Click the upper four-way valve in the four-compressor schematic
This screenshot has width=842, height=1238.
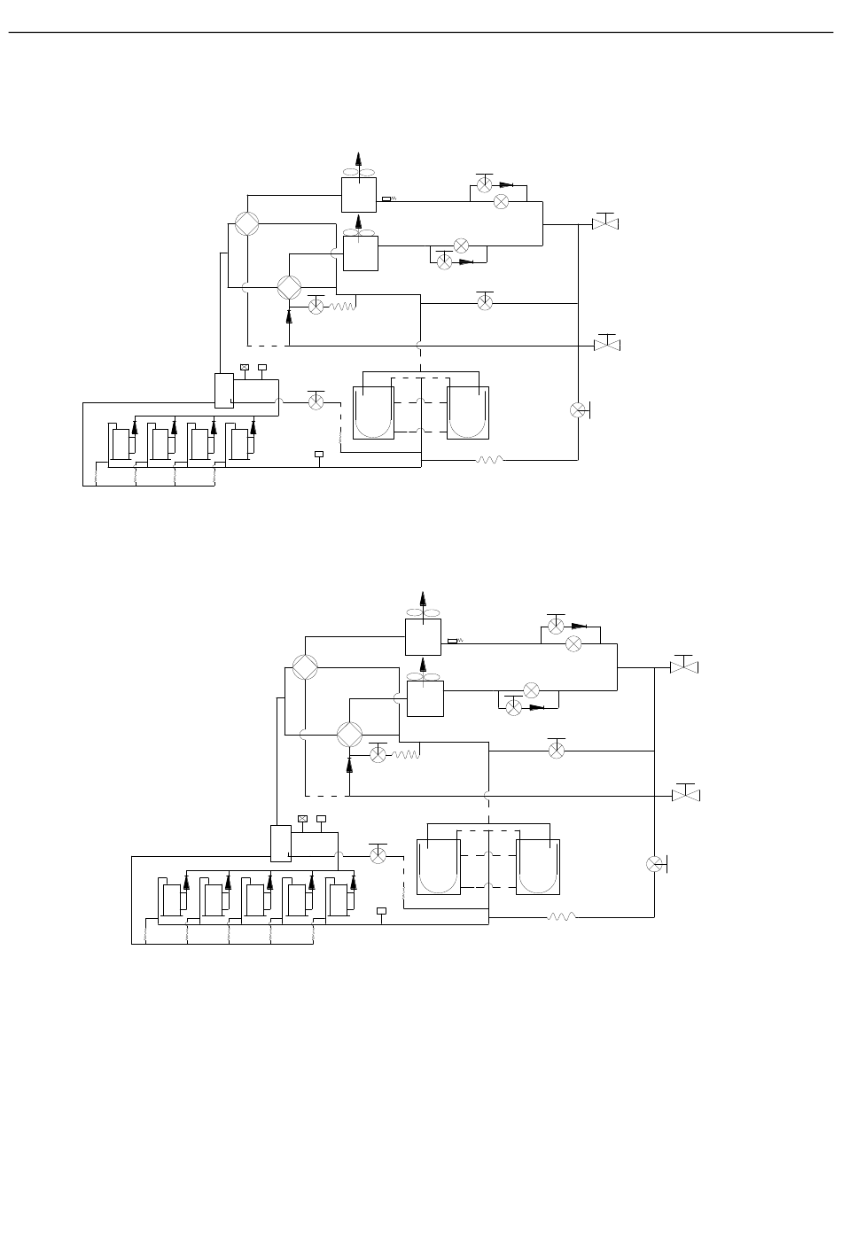tap(248, 223)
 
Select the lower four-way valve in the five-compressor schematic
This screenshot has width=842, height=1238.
tap(349, 735)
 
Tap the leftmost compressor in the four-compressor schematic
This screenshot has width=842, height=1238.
tap(120, 443)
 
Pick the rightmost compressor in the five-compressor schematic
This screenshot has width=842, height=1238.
tap(338, 899)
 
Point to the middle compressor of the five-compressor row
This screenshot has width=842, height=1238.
tap(255, 899)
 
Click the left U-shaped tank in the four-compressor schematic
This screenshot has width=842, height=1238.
tap(373, 412)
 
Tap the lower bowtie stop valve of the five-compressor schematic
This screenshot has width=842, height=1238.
tap(685, 794)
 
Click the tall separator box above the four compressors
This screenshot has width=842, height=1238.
tap(223, 390)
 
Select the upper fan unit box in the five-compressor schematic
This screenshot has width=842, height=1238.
tap(423, 636)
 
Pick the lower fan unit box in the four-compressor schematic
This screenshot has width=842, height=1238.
tap(360, 253)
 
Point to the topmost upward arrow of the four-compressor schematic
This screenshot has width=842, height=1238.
tap(359, 160)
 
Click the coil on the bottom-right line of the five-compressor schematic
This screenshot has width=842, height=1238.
tap(561, 916)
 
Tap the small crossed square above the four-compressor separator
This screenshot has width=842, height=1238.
tap(245, 367)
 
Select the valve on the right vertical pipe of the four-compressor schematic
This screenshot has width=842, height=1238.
tap(578, 409)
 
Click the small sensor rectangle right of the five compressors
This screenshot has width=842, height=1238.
tap(382, 910)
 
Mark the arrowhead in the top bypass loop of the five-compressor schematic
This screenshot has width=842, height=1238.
tap(580, 626)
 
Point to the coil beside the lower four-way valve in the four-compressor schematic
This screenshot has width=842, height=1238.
tap(343, 307)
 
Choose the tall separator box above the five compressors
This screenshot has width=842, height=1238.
tap(280, 843)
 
